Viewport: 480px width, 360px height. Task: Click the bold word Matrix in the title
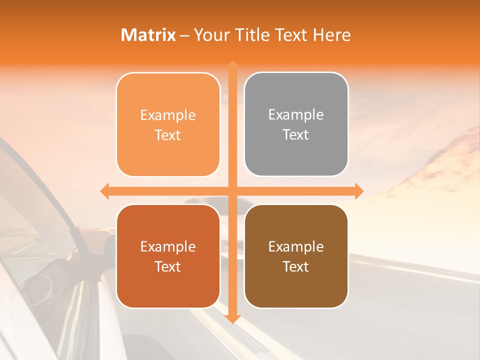148,35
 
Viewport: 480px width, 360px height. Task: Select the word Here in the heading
331,35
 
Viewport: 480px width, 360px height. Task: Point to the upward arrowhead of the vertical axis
232,65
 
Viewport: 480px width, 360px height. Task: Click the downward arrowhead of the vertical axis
232,318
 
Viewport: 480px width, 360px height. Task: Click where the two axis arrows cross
232,191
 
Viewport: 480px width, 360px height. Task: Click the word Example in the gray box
296,115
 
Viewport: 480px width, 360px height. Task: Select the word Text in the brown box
296,266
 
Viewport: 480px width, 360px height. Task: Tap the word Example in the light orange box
168,115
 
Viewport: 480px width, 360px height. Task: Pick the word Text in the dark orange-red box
168,266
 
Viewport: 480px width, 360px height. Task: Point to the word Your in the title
208,35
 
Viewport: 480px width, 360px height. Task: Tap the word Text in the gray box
296,134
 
